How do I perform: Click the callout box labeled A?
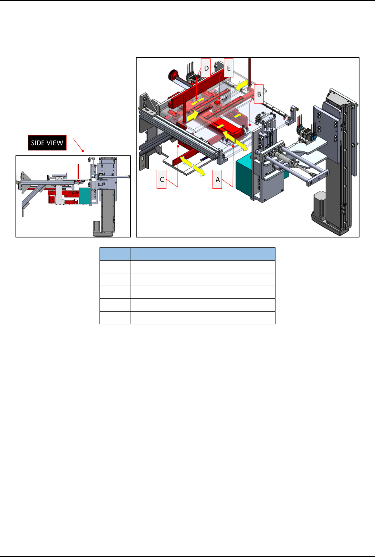click(217, 179)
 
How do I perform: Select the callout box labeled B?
click(259, 94)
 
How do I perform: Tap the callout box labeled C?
click(162, 179)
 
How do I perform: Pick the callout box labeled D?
click(206, 68)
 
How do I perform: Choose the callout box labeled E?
click(229, 68)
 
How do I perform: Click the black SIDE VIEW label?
click(47, 143)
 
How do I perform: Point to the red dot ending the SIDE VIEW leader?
click(83, 151)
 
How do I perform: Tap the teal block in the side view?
click(85, 196)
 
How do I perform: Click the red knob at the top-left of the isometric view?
click(172, 75)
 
